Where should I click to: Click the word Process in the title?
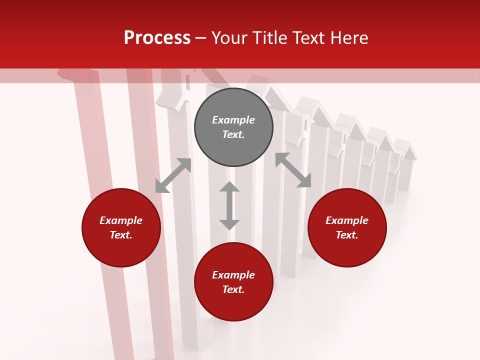tap(157, 38)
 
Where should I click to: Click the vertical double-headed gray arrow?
tap(229, 206)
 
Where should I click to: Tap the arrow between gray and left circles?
tap(173, 175)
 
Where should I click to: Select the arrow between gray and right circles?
tap(293, 170)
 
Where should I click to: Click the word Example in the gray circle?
tap(233, 120)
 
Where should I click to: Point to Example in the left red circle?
tap(121, 220)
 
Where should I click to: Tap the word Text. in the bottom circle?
tap(233, 289)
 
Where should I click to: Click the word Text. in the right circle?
tap(347, 235)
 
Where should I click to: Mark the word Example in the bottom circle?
tap(233, 275)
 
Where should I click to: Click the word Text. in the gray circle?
tap(233, 134)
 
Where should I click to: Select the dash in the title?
tap(201, 38)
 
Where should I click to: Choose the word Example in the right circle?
tap(347, 220)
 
